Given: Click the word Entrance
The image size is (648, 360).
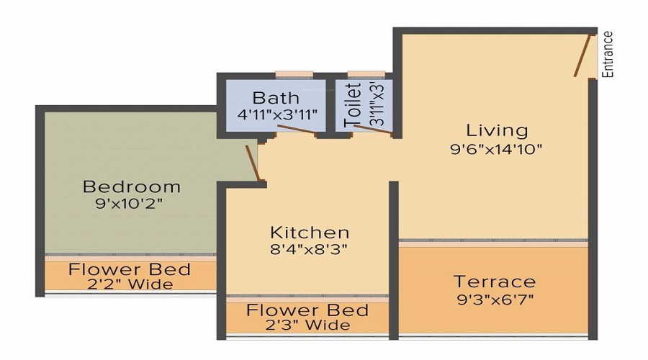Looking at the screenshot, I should click(x=608, y=54).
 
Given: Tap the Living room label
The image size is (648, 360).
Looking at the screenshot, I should click(x=497, y=130).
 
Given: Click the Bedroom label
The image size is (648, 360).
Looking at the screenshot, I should click(x=132, y=187).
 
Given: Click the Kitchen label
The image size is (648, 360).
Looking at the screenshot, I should click(x=310, y=233).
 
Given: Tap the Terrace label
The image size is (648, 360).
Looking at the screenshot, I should click(x=494, y=281).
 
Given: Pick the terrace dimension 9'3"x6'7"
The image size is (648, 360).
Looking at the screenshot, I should click(x=494, y=298).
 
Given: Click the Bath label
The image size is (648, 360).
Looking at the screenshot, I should click(x=276, y=98).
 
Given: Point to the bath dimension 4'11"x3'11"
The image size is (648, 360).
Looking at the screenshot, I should click(x=277, y=114).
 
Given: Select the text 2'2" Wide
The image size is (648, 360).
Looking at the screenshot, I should click(x=131, y=284).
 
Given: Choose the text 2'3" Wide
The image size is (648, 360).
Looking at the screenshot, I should click(x=308, y=325).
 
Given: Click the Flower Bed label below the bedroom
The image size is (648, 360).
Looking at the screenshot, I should click(x=130, y=270).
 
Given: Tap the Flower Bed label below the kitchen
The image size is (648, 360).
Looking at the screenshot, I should click(x=307, y=311).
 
